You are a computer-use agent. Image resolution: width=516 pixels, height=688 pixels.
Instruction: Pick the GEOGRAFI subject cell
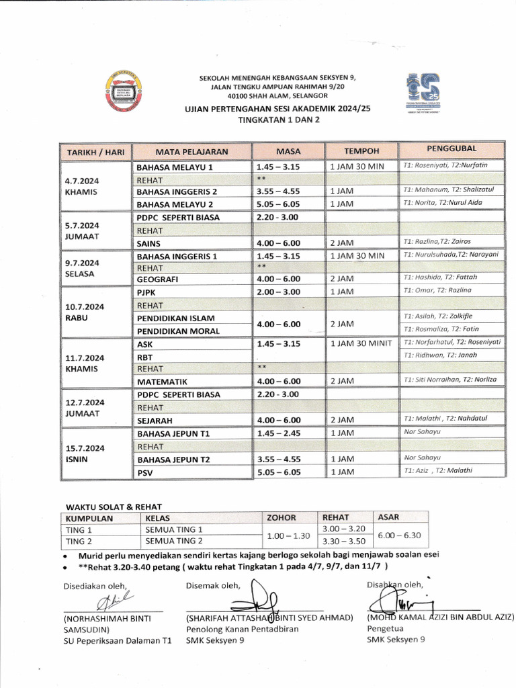click(159, 279)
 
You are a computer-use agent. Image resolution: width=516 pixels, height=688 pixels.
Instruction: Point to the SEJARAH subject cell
click(156, 421)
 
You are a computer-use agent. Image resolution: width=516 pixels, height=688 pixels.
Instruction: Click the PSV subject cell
click(145, 472)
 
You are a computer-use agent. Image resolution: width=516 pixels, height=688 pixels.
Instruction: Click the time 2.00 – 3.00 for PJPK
click(277, 291)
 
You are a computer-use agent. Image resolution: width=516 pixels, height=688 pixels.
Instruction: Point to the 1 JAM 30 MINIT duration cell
click(361, 343)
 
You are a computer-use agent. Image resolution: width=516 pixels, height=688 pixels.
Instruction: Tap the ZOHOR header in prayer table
click(281, 518)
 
